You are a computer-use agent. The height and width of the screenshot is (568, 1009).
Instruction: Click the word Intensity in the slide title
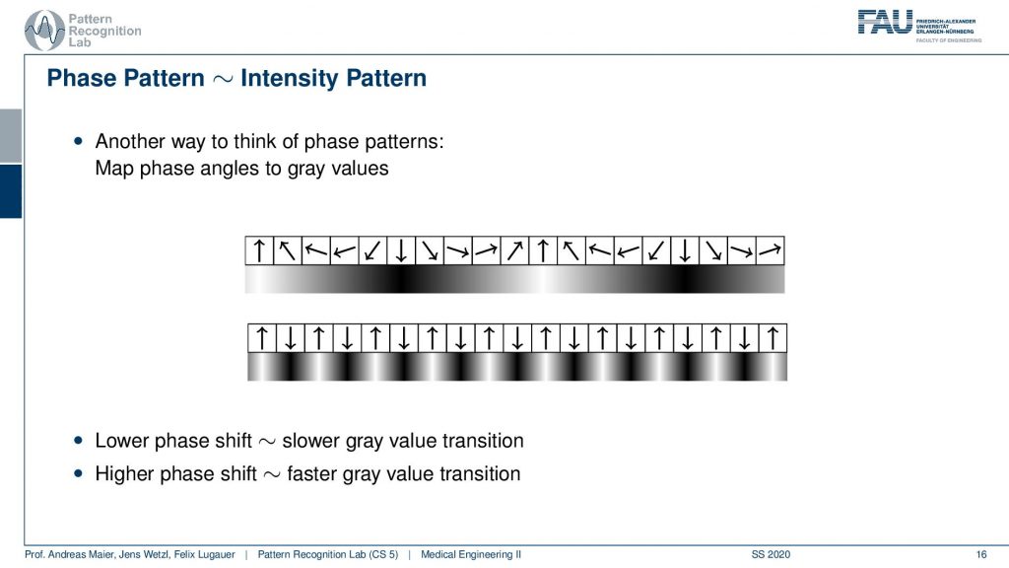(291, 79)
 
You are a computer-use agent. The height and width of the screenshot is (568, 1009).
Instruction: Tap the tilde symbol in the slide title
(222, 79)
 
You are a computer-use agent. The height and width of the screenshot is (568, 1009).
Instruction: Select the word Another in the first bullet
(131, 141)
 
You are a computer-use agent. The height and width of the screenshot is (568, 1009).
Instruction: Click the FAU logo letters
(885, 22)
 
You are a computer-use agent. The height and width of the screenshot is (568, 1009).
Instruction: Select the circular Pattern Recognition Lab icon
(43, 30)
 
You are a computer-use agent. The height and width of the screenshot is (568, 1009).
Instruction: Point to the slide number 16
(980, 554)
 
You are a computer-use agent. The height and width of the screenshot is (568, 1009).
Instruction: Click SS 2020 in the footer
(771, 554)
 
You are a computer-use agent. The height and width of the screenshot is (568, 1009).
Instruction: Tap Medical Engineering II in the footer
(470, 554)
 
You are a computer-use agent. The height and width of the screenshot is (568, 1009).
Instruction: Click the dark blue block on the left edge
(11, 191)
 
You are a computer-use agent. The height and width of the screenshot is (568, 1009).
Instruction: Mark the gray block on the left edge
(11, 136)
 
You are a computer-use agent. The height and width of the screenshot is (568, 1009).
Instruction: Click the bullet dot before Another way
(79, 141)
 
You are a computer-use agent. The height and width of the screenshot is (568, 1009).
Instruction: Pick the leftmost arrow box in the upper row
(259, 250)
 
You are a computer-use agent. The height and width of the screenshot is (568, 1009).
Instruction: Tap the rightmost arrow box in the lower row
(773, 338)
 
